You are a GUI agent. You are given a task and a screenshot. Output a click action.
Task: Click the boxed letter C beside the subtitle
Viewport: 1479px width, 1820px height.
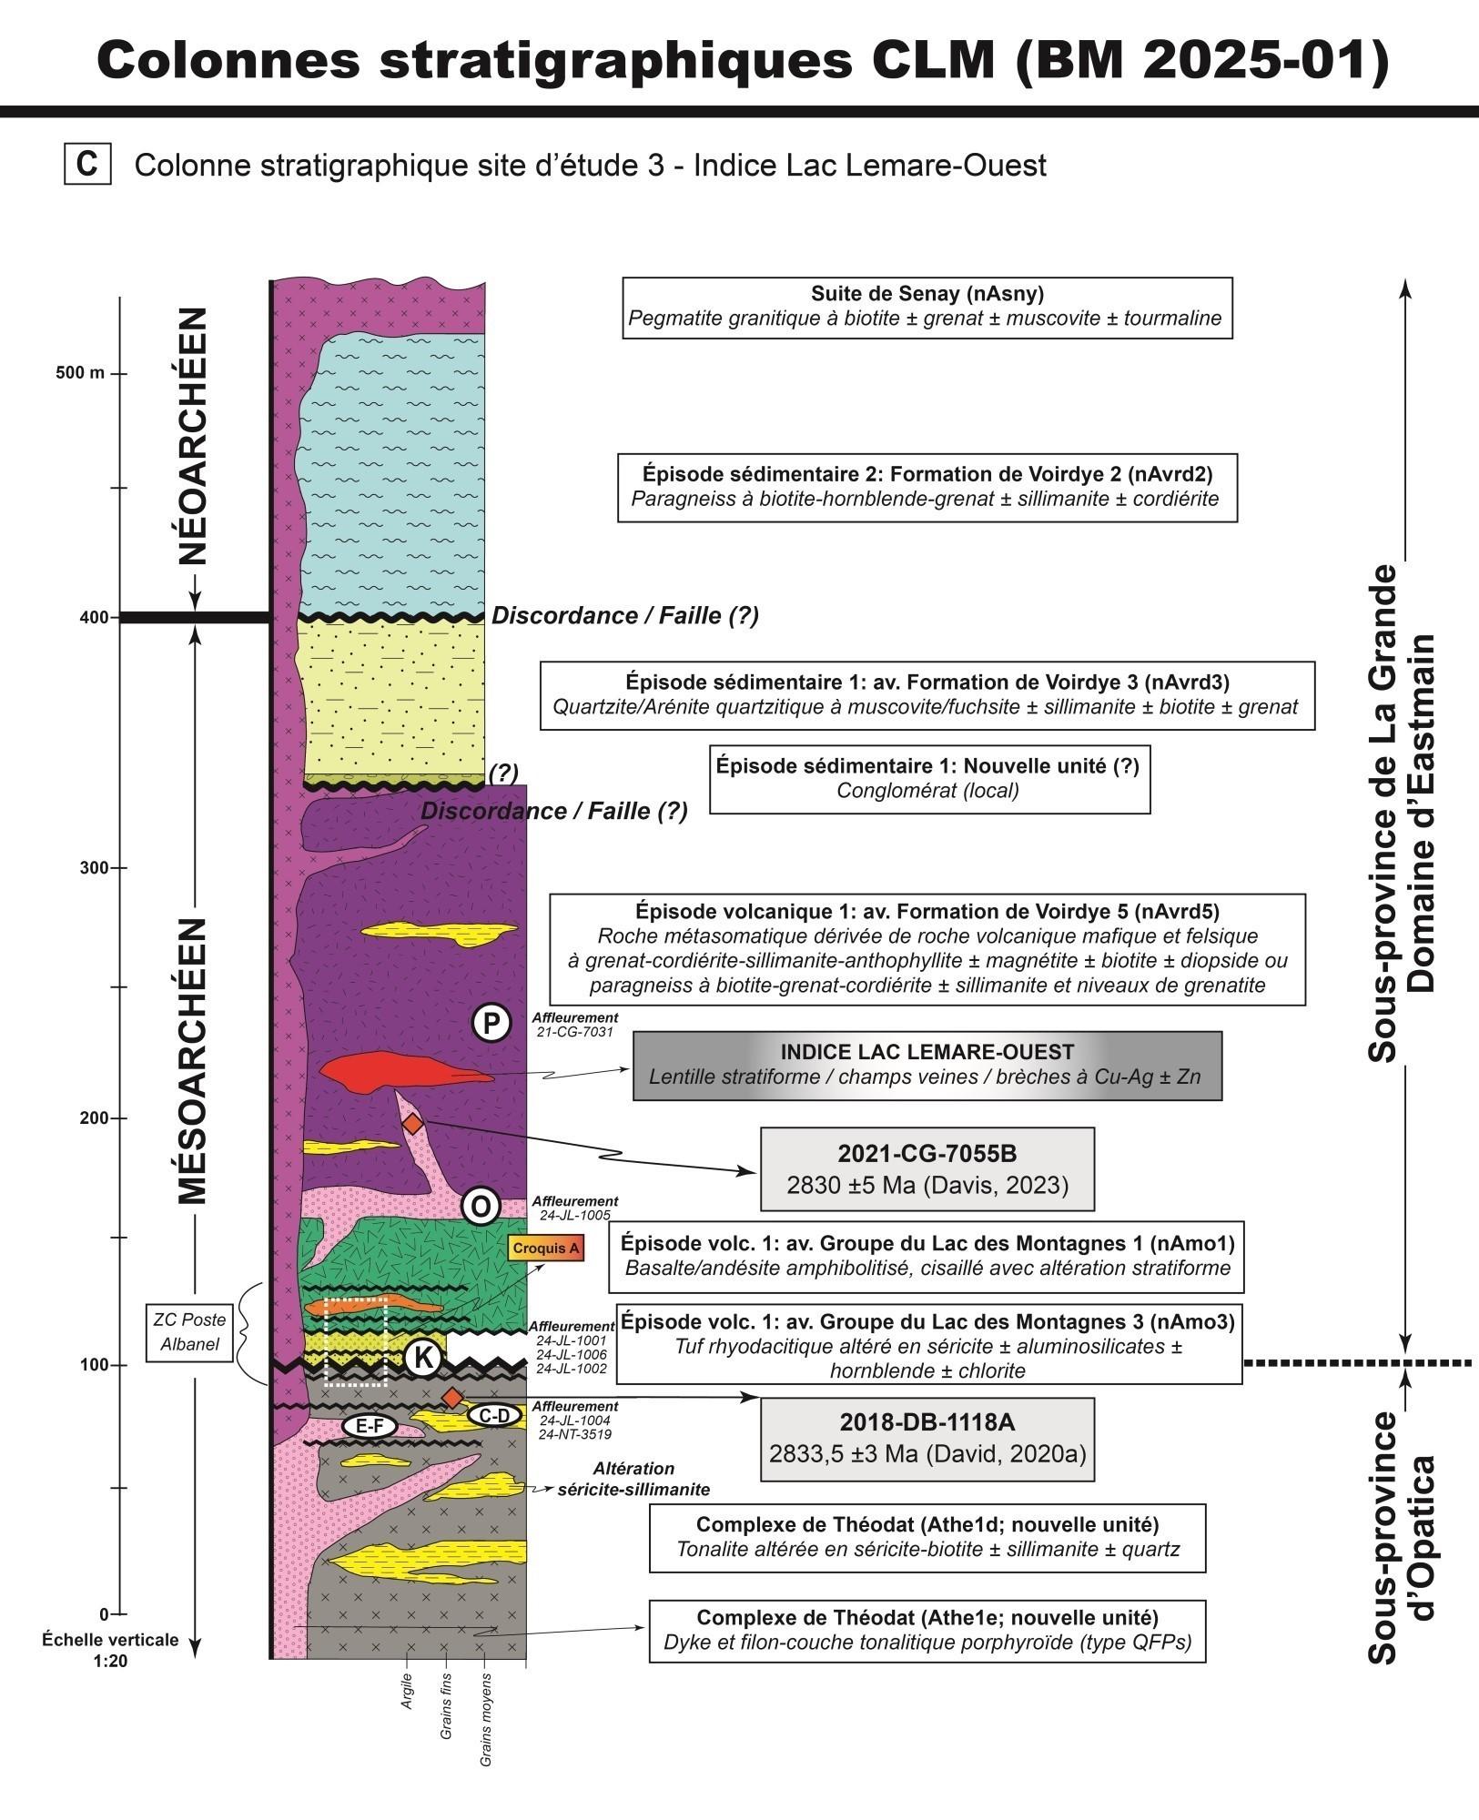point(87,166)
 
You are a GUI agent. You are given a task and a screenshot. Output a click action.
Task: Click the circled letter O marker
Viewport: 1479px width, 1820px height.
point(481,1207)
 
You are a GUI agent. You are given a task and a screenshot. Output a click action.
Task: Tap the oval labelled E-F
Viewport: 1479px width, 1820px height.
point(369,1428)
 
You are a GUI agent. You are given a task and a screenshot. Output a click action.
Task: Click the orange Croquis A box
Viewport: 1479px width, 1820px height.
point(545,1249)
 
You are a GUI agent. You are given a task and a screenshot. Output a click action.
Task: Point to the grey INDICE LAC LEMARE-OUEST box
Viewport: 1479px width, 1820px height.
point(927,1066)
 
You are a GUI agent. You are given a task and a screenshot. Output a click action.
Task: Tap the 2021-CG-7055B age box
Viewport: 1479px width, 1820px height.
point(927,1169)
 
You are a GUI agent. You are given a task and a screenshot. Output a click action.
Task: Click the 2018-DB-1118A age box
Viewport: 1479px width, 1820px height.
point(927,1440)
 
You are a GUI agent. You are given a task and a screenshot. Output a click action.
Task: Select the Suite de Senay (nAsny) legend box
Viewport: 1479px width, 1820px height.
point(927,308)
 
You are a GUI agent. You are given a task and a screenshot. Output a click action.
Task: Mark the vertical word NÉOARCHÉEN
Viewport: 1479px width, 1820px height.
point(193,436)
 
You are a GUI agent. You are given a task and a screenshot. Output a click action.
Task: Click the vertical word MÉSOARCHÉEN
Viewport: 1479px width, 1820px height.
point(193,1061)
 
